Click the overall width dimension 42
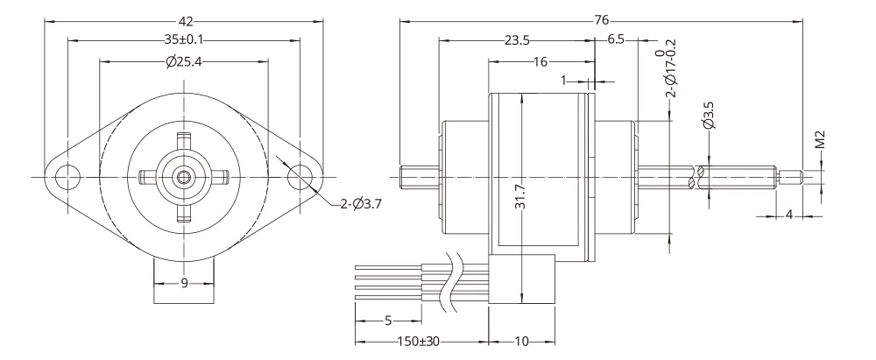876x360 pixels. [186, 22]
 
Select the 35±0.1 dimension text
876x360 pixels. [184, 40]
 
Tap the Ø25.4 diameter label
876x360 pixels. [184, 61]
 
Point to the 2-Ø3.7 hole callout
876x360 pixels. [361, 204]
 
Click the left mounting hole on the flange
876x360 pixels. [67, 177]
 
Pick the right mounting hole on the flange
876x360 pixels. [300, 177]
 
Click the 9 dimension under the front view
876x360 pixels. [184, 284]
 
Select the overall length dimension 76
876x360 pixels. [601, 21]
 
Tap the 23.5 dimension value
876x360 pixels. [517, 40]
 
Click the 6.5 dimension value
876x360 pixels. [616, 40]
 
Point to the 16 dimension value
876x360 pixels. [540, 61]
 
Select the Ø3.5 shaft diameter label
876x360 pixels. [710, 116]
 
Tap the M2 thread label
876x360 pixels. [820, 140]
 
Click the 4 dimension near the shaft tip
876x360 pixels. [789, 215]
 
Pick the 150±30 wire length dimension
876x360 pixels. [418, 341]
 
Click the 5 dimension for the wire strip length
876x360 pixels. [388, 321]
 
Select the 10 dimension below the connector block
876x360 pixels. [521, 341]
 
